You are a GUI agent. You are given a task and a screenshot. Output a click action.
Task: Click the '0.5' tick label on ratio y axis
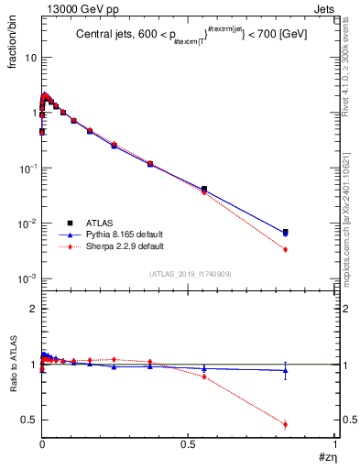(x=28, y=420)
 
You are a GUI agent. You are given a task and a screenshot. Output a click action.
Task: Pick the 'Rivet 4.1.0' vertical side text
(x=350, y=69)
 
